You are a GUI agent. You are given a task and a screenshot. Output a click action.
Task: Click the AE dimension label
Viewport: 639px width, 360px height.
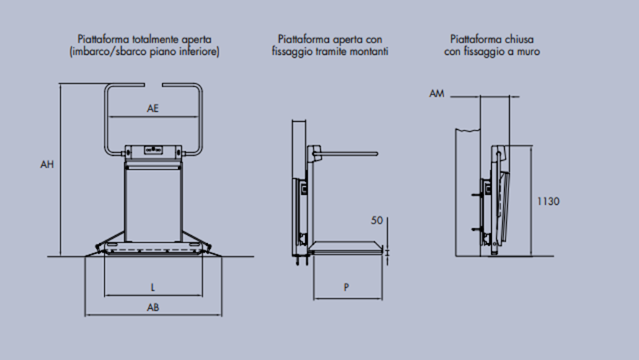(x=152, y=108)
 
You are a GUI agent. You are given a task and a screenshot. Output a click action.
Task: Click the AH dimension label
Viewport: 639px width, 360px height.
(x=48, y=164)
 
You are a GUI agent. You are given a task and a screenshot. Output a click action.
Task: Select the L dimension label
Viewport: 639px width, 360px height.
(x=152, y=286)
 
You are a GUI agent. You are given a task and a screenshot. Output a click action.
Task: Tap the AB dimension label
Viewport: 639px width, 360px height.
(x=152, y=306)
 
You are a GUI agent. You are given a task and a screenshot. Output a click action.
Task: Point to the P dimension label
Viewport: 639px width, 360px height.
(x=347, y=286)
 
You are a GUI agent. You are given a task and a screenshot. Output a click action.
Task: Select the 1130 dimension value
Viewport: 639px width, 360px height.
(x=548, y=201)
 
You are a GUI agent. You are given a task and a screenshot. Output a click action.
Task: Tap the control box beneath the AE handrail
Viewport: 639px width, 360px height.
(x=152, y=151)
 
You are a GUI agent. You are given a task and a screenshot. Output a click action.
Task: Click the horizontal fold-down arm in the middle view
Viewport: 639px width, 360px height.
(x=349, y=153)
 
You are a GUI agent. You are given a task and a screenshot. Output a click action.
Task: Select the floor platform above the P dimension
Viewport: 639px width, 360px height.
(x=347, y=249)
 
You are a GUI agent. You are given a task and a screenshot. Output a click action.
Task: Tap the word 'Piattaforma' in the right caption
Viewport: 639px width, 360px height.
(x=472, y=38)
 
